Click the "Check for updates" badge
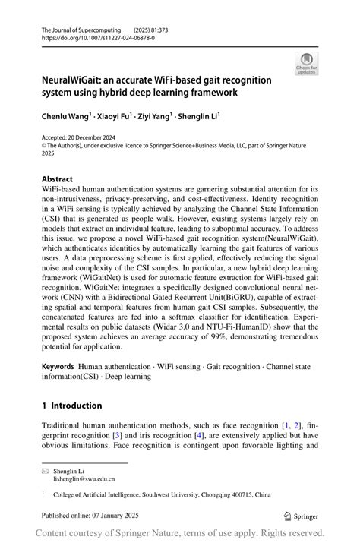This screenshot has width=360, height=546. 306,64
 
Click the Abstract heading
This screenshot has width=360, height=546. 58,180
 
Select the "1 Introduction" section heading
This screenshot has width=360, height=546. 71,406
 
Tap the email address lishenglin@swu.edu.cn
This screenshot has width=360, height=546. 84,479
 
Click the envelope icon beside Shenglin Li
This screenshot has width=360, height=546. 45,471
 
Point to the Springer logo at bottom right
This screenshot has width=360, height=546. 300,516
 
